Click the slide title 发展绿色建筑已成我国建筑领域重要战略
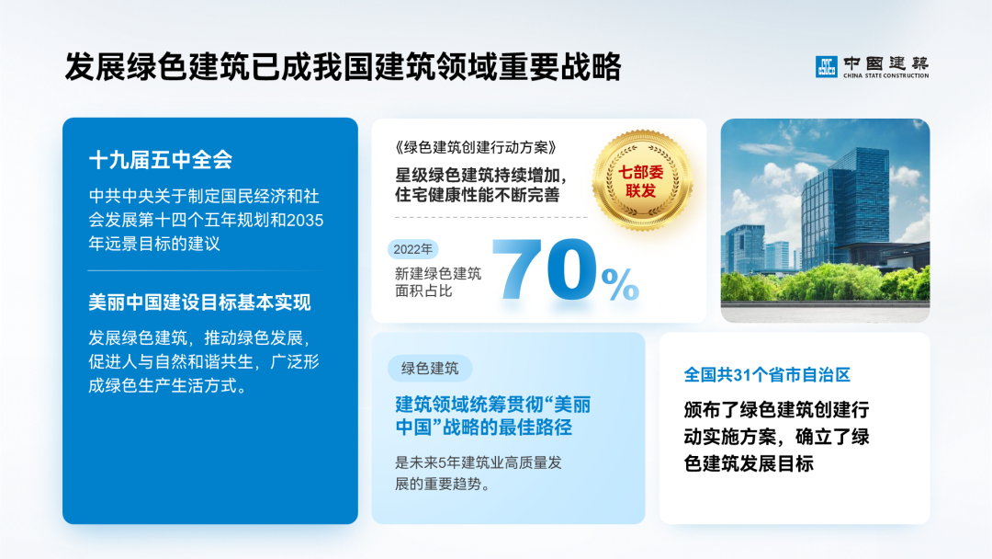[343, 67]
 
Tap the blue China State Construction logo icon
[826, 66]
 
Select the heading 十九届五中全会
[161, 160]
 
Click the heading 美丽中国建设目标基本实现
[200, 302]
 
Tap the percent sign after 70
[620, 285]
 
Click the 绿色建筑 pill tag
[430, 369]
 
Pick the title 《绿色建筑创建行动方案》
[475, 147]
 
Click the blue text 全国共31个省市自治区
[767, 375]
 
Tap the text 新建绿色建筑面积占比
[438, 281]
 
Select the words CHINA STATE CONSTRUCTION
[885, 75]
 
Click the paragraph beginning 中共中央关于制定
[206, 221]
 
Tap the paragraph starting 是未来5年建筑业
[478, 473]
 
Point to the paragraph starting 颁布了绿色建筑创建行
[776, 437]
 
